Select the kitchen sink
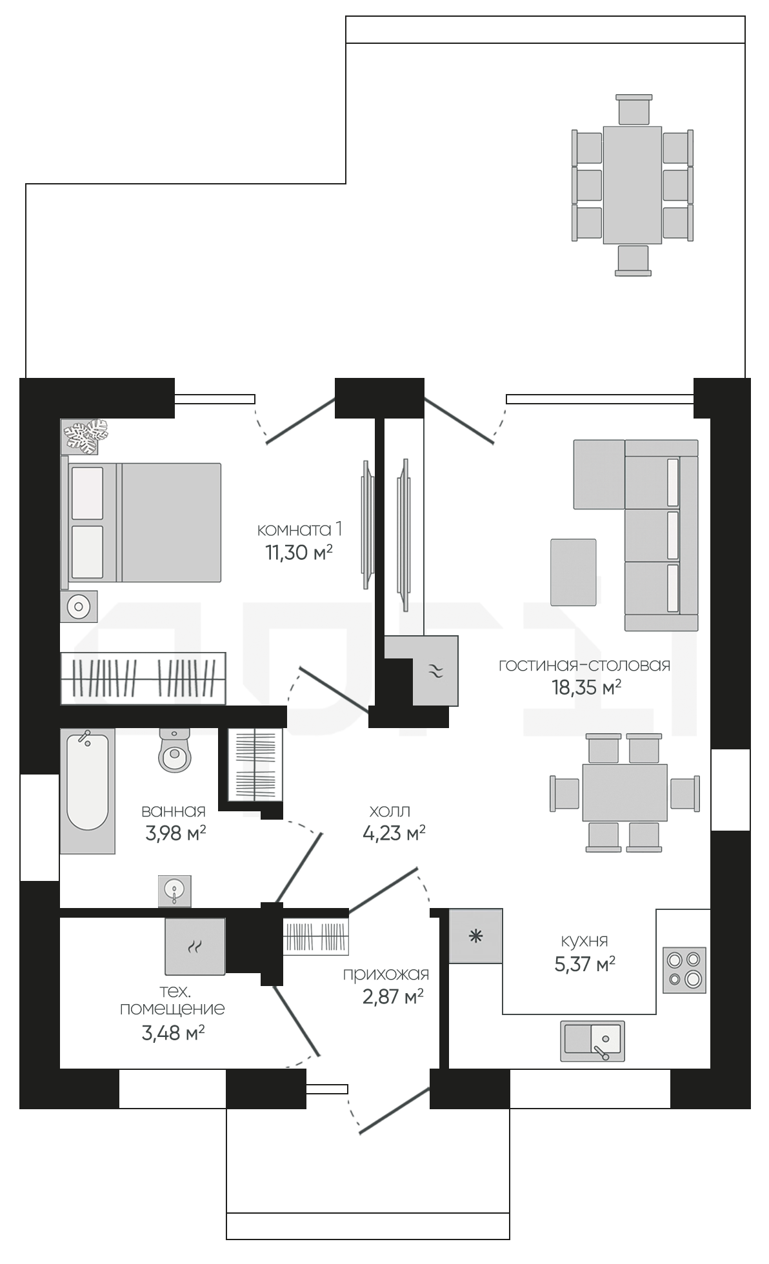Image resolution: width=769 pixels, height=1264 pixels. click(592, 1041)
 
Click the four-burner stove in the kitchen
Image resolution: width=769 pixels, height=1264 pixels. click(685, 970)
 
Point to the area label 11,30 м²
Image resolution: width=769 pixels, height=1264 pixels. click(299, 553)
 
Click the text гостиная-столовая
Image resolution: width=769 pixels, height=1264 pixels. click(584, 665)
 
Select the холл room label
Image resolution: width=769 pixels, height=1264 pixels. click(390, 811)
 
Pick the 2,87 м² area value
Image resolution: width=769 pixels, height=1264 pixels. click(393, 998)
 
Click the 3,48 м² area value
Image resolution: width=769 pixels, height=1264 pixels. click(174, 1034)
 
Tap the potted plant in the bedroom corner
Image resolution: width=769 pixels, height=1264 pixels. click(85, 437)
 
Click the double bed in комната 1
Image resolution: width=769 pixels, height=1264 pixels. click(141, 521)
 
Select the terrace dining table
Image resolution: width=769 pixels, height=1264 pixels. click(632, 185)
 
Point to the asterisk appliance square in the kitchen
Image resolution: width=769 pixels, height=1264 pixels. click(475, 936)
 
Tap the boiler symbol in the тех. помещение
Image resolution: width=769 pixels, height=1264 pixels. click(195, 946)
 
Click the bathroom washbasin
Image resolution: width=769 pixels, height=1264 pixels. click(175, 891)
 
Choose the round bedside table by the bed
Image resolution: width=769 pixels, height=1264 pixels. click(79, 606)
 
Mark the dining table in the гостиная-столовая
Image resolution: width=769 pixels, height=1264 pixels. click(624, 793)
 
